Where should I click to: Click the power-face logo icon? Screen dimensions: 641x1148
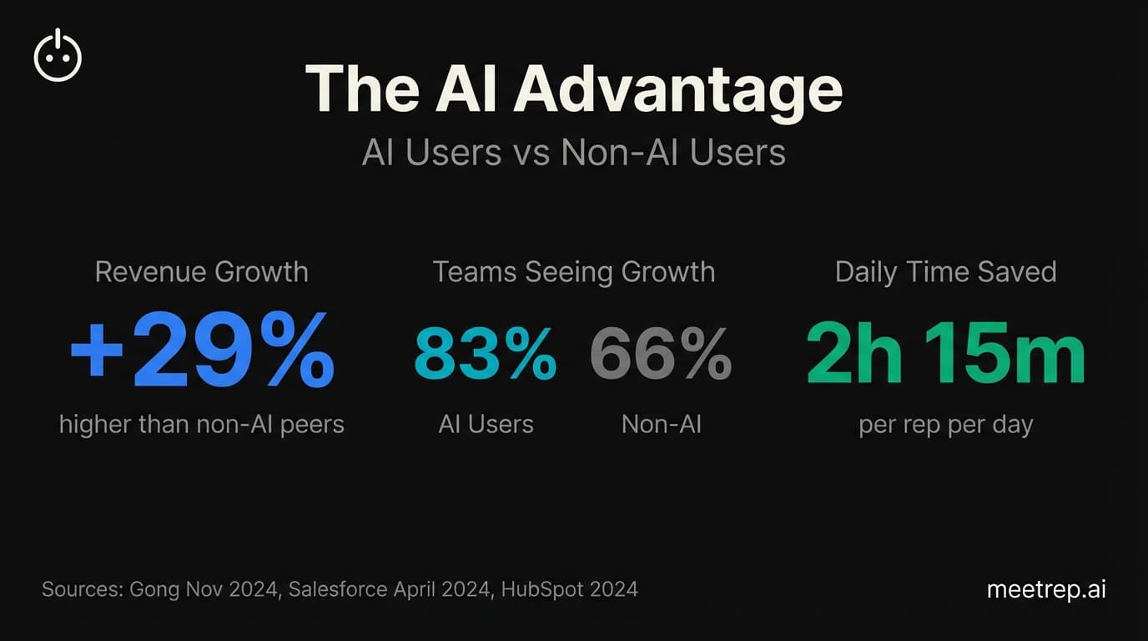click(58, 56)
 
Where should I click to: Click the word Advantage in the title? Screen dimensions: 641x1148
click(677, 89)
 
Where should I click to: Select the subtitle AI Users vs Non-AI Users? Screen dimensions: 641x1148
click(574, 154)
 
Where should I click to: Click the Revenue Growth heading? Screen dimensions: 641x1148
click(202, 272)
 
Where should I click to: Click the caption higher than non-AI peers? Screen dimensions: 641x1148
click(202, 424)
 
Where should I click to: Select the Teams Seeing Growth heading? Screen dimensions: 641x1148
click(574, 272)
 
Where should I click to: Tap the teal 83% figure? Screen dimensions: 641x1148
click(486, 354)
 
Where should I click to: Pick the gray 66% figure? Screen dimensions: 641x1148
click(661, 354)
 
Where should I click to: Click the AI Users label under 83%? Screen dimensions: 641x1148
click(486, 424)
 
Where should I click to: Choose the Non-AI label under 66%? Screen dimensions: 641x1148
click(662, 424)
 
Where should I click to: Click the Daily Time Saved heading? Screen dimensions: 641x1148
click(946, 272)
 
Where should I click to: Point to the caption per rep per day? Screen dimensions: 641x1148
click(946, 425)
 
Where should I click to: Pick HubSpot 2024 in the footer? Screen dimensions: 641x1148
click(570, 589)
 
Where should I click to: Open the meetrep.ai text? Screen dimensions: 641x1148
click(1046, 589)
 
